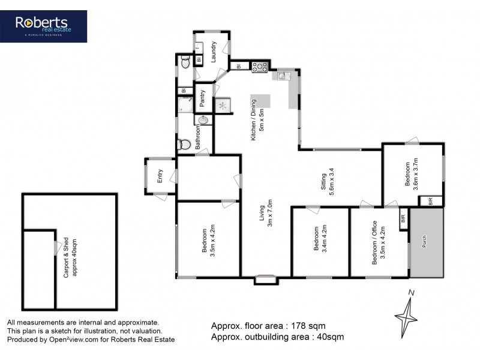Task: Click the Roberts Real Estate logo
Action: click(x=51, y=26)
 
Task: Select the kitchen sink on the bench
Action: click(x=283, y=76)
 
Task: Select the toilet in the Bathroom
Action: click(x=185, y=145)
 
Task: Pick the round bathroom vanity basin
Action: click(x=204, y=119)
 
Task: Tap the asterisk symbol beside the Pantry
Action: click(x=224, y=106)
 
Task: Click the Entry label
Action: click(x=160, y=176)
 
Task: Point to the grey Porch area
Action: click(x=426, y=243)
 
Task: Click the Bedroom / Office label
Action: click(x=374, y=242)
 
